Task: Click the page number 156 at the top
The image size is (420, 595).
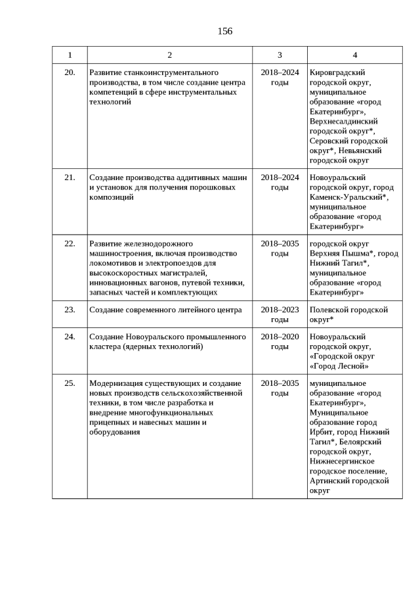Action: (x=225, y=31)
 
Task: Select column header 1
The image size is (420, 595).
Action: (x=70, y=55)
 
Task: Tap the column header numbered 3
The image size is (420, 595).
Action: (x=280, y=55)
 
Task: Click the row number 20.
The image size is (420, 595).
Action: (x=70, y=72)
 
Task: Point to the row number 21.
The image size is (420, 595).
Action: (x=70, y=178)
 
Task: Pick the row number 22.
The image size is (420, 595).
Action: (x=70, y=243)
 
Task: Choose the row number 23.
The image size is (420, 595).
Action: (x=70, y=310)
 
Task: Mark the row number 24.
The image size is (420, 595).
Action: (x=70, y=337)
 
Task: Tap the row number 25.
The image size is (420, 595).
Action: (x=70, y=383)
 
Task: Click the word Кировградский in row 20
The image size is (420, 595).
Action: (x=337, y=72)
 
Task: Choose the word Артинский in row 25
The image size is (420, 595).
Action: (x=328, y=481)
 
